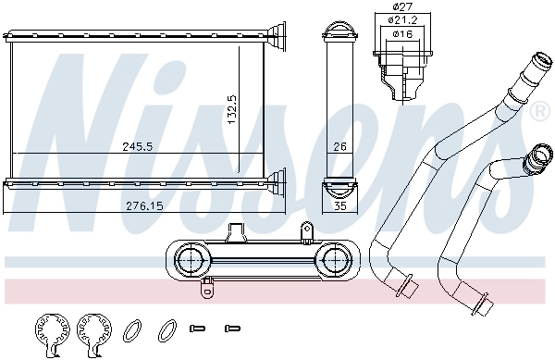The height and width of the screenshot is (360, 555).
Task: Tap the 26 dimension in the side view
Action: (339, 145)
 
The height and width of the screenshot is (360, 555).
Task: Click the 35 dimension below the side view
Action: (339, 205)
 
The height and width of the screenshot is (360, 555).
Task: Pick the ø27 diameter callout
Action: (399, 6)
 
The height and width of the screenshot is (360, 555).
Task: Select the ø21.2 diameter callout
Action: (401, 19)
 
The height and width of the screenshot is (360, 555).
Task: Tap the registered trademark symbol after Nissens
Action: (539, 111)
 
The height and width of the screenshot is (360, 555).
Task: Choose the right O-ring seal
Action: (167, 328)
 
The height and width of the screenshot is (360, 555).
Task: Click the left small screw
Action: (195, 328)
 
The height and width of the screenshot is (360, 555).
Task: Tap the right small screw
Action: (232, 328)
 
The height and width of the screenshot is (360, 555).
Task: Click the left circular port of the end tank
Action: (192, 258)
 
